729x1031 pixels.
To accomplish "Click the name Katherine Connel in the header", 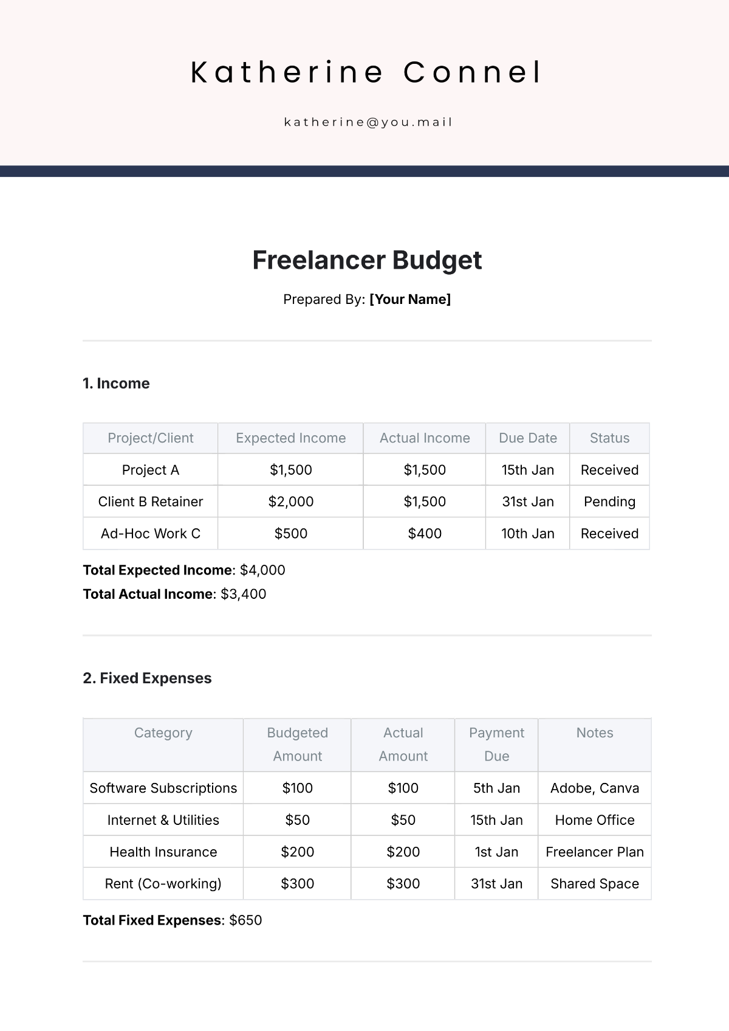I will (x=366, y=72).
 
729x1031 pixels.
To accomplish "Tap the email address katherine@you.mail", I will (x=368, y=122).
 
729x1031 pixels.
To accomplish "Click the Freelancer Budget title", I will (x=367, y=260).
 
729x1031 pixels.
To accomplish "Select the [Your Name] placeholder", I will (x=410, y=299).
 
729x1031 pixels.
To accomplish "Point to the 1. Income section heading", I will (x=116, y=384).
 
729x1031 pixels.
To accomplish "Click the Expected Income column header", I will (x=290, y=438).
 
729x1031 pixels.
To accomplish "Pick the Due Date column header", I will (x=527, y=438).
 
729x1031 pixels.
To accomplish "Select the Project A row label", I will (x=151, y=470).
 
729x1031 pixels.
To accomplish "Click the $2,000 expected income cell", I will (x=290, y=502).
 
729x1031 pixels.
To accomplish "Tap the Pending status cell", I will (x=609, y=502).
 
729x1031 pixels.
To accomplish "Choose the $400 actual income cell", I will (x=425, y=534).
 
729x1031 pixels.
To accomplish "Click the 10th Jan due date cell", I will (x=527, y=534).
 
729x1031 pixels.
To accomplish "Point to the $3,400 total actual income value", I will (x=243, y=594).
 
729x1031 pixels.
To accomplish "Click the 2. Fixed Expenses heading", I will (x=147, y=678).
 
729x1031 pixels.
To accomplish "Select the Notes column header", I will (x=594, y=733).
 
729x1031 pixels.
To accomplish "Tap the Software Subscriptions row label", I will (x=163, y=788).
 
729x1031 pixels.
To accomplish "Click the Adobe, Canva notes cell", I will (x=594, y=788).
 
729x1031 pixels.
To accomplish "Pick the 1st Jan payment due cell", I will (x=496, y=852).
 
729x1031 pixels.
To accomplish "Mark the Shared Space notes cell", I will (x=594, y=884).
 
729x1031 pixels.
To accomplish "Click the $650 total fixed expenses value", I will (x=245, y=920).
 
